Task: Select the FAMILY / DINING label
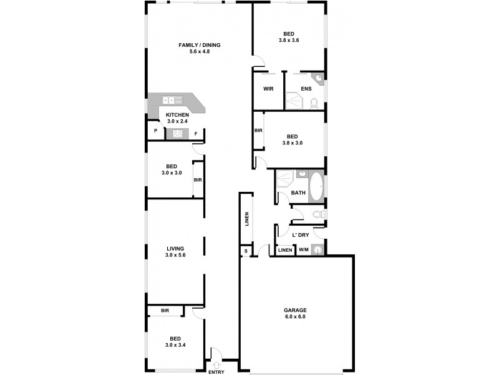[x=199, y=45]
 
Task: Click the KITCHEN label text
[x=177, y=115]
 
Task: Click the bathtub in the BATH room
[x=316, y=186]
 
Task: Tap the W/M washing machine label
[x=304, y=251]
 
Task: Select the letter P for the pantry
[x=155, y=132]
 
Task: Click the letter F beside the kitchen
[x=196, y=133]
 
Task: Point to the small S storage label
[x=245, y=251]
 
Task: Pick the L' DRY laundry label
[x=301, y=235]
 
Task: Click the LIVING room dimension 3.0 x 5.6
[x=175, y=255]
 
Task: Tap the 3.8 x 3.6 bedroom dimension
[x=289, y=40]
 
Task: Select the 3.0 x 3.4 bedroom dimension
[x=175, y=345]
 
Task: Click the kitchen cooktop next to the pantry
[x=177, y=133]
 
